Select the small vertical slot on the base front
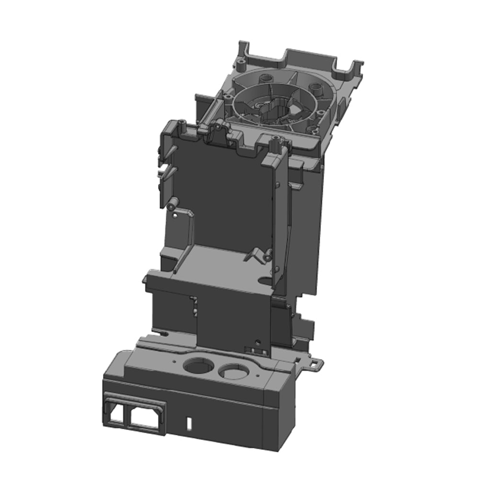pos(189,423)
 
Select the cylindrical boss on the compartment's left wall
pos(173,203)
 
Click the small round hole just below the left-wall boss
pos(175,215)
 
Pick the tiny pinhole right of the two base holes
pos(257,376)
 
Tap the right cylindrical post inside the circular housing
pos(316,89)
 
